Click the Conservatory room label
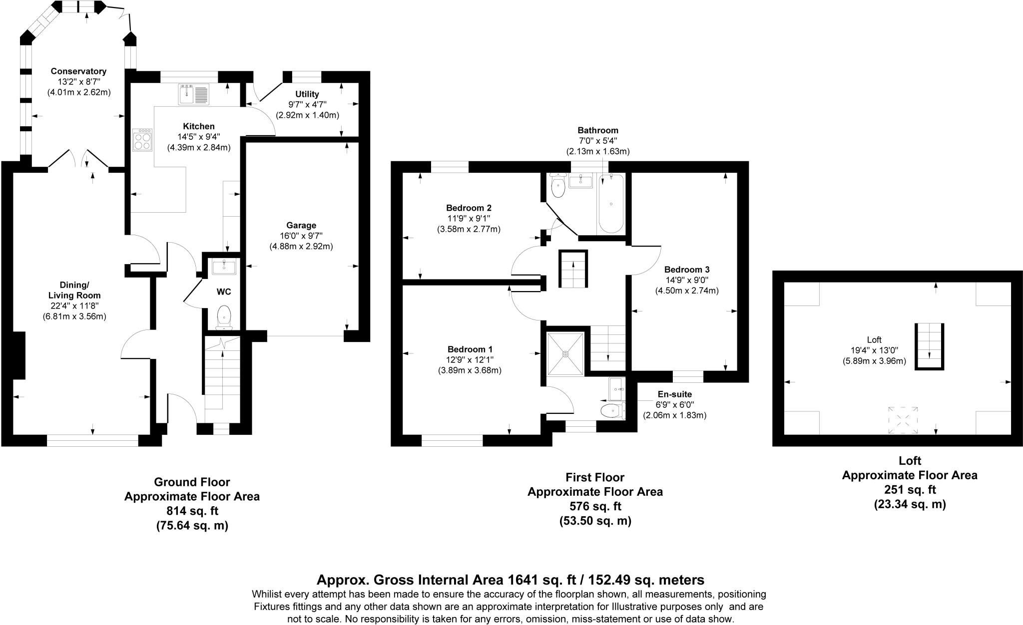[78, 71]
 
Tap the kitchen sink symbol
[194, 95]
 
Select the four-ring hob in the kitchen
[143, 140]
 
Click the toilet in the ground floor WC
[225, 317]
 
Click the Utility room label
[307, 94]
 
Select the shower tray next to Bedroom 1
[565, 354]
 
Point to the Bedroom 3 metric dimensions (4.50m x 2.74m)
[686, 291]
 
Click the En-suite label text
[674, 394]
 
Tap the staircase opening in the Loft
[929, 346]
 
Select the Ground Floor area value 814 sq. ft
[192, 511]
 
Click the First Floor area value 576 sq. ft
[595, 506]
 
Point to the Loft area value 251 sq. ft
[909, 489]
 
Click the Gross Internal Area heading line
[510, 580]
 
